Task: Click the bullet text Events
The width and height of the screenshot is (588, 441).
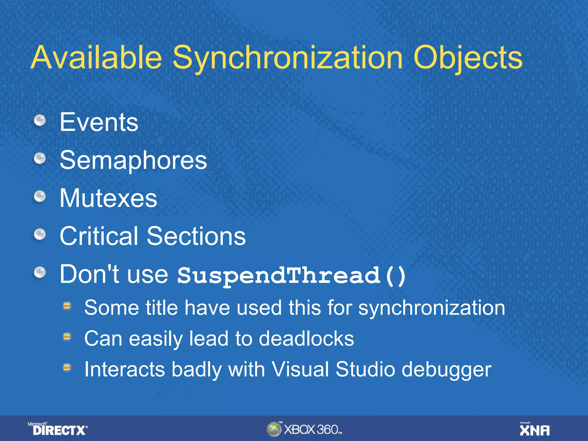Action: point(99,122)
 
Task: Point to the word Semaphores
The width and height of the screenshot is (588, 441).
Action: point(133,160)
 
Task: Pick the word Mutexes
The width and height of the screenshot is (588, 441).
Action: point(109,198)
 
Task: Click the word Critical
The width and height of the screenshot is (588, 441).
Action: point(99,236)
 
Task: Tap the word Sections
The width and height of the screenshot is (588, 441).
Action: point(196,236)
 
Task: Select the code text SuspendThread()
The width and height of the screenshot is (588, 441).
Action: point(291,275)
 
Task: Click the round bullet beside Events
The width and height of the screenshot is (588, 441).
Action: point(40,120)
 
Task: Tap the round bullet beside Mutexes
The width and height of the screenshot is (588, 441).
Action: point(40,196)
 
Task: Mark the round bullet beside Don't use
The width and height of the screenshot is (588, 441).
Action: point(40,272)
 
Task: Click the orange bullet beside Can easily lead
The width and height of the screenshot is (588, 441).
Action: point(67,336)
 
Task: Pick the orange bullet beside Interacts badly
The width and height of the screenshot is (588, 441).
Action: point(67,367)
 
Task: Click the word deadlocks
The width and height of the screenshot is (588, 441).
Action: point(306,339)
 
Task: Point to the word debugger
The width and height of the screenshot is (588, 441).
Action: point(446,370)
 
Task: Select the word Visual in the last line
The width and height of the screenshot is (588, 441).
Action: point(300,369)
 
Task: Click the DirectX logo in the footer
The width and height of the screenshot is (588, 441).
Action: point(58,430)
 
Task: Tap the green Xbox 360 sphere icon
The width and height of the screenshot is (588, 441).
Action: point(274,429)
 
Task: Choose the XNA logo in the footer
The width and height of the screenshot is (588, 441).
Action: point(535,430)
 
